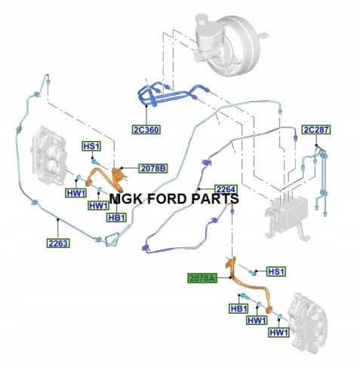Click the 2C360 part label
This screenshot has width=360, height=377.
tap(146, 130)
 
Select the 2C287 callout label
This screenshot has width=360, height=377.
tap(316, 130)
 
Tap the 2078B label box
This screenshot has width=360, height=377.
tap(153, 168)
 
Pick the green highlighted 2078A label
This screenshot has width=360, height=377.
tap(202, 278)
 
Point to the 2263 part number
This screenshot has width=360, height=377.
tap(58, 243)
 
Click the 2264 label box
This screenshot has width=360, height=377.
tap(226, 189)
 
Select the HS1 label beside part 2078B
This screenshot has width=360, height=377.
tap(91, 146)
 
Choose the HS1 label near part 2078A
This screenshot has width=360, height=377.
tap(276, 271)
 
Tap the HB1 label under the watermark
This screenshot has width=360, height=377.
tap(116, 217)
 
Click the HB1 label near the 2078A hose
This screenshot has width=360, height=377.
tap(238, 308)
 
